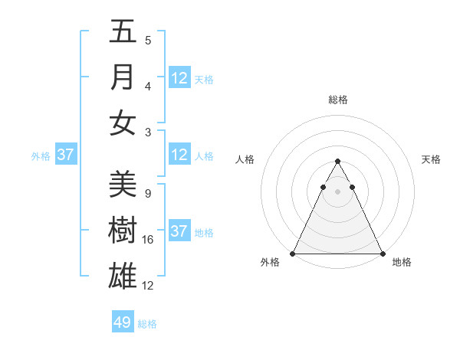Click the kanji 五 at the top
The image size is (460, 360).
pyautogui.click(x=123, y=32)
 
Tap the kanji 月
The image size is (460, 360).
pyautogui.click(x=123, y=77)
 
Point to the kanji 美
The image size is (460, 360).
pyautogui.click(x=123, y=184)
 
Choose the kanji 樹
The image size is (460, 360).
pyautogui.click(x=123, y=230)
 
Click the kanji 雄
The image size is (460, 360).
pyautogui.click(x=123, y=275)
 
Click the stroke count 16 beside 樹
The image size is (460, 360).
pyautogui.click(x=148, y=240)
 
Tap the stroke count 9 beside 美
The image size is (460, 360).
pyautogui.click(x=147, y=194)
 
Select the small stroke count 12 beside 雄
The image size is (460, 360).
pyautogui.click(x=148, y=286)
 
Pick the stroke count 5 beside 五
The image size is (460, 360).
pyautogui.click(x=147, y=41)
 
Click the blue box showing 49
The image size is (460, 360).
pyautogui.click(x=123, y=322)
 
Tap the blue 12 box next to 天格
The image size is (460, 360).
pyautogui.click(x=179, y=77)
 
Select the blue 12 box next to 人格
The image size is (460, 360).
pyautogui.click(x=179, y=155)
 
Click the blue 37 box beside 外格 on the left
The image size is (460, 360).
pyautogui.click(x=66, y=155)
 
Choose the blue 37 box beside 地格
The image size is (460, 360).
pyautogui.click(x=179, y=231)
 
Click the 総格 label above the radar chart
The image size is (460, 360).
pyautogui.click(x=337, y=100)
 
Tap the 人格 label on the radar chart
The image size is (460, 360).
pyautogui.click(x=245, y=159)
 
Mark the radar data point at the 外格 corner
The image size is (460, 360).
pyautogui.click(x=293, y=254)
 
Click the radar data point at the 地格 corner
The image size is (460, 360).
pyautogui.click(x=382, y=254)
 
